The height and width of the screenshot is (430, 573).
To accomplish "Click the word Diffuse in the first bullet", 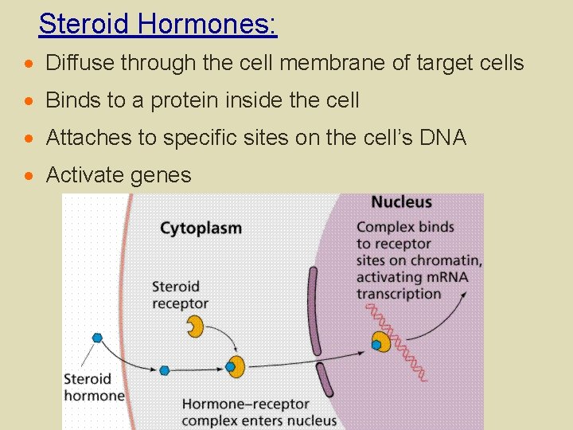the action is click(x=78, y=63).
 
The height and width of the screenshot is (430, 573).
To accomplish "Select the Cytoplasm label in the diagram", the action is click(x=201, y=229).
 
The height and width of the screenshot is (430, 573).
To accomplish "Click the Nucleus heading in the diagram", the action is click(x=402, y=202).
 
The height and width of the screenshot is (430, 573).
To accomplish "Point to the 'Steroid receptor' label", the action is click(x=180, y=295).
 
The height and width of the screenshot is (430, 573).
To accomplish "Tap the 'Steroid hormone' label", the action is click(x=94, y=387).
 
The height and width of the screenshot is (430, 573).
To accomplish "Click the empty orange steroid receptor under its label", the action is click(x=195, y=326).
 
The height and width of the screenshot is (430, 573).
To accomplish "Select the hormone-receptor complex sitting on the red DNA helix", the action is click(x=381, y=342).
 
